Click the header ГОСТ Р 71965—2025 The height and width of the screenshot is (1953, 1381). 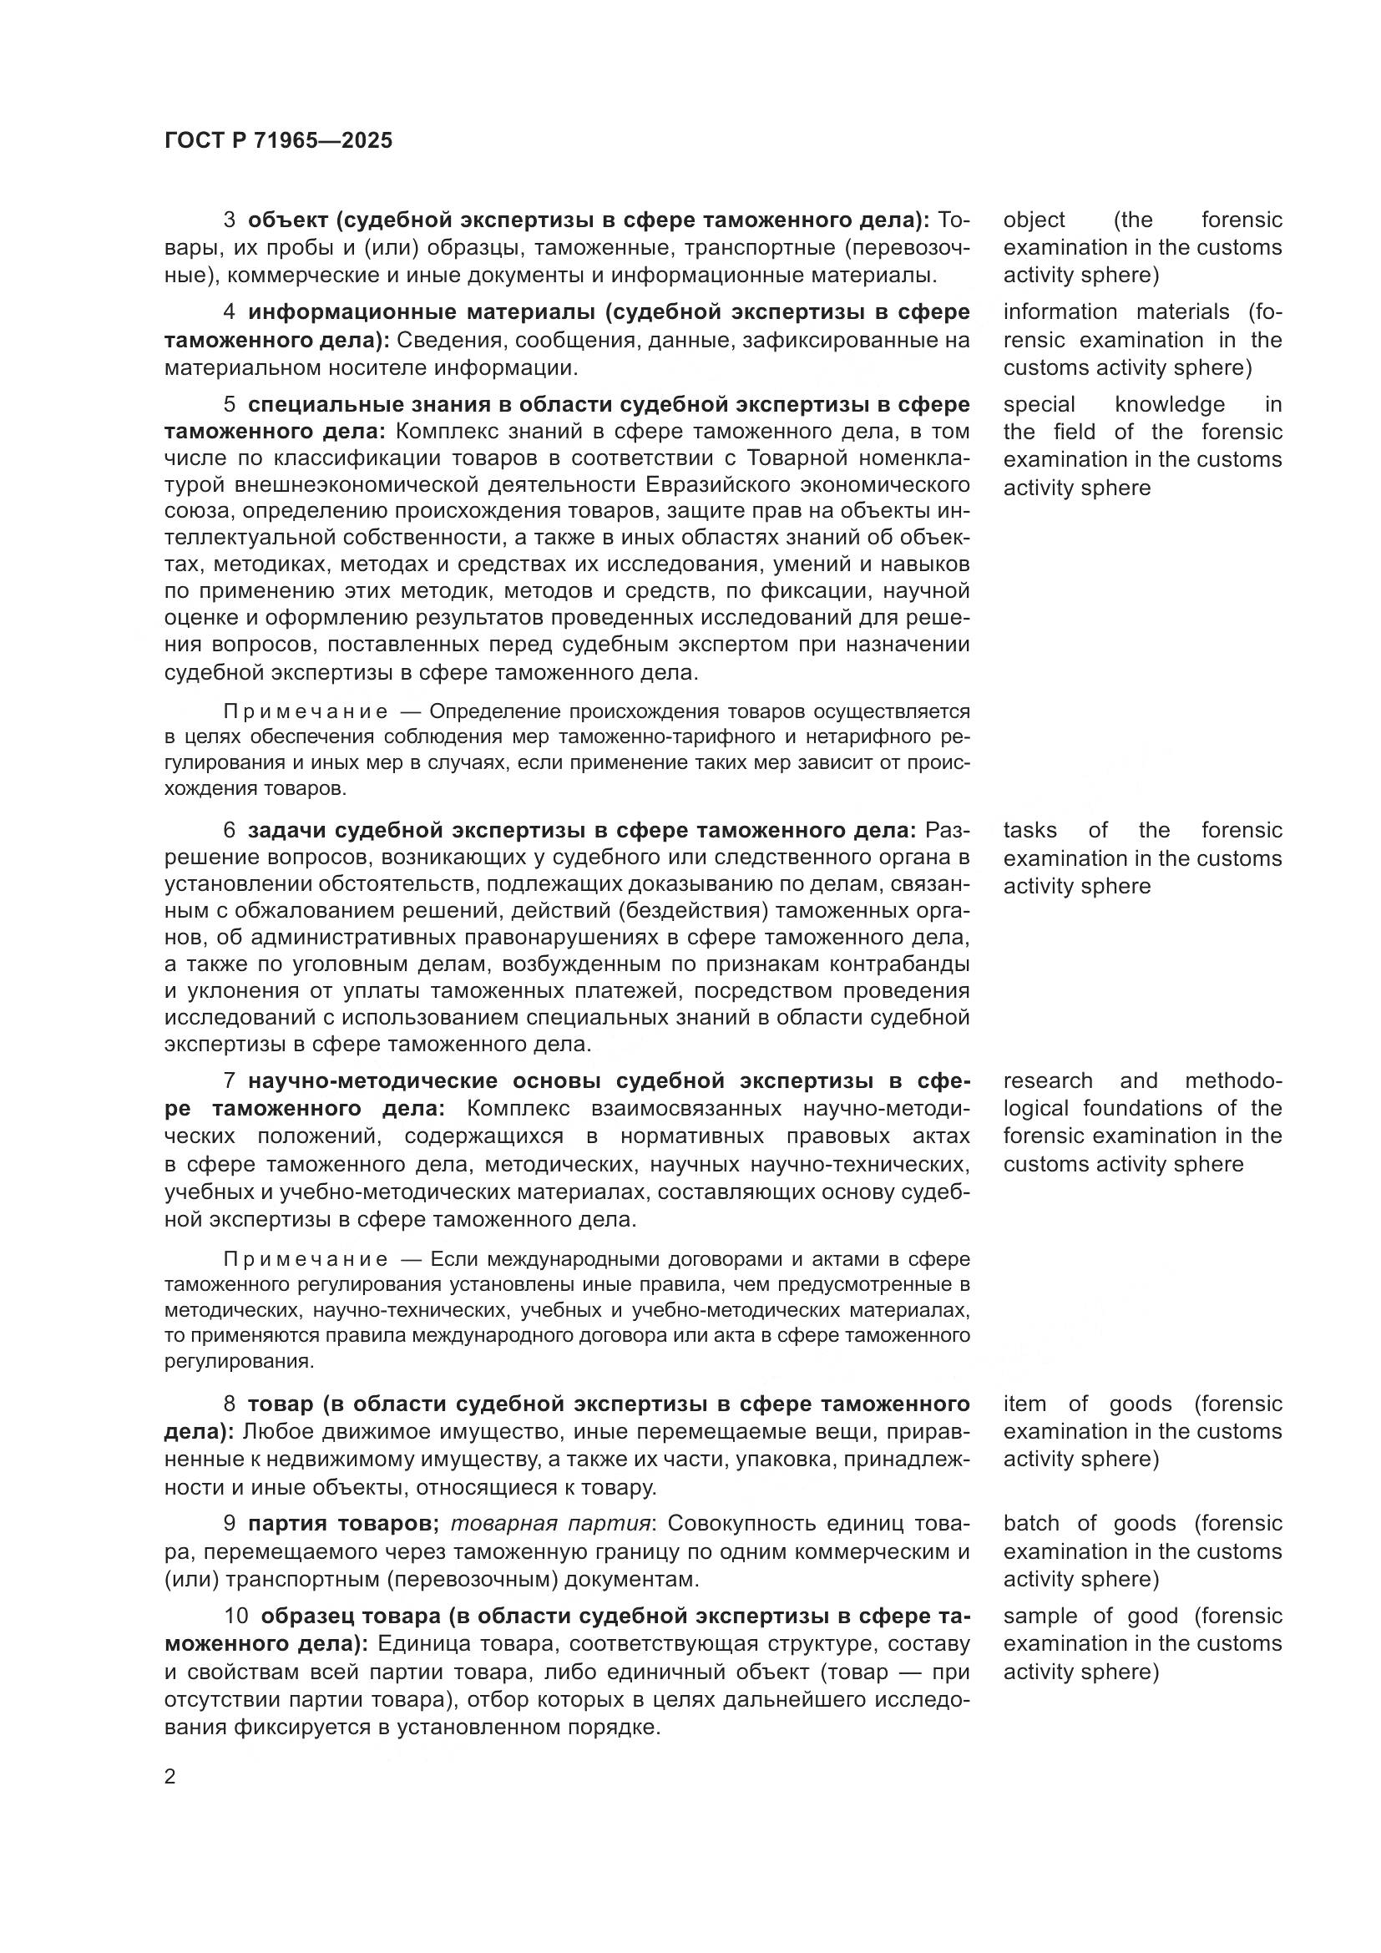tap(278, 140)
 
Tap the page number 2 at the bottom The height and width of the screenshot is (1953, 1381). tap(170, 1776)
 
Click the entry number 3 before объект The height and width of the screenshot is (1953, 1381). tap(230, 220)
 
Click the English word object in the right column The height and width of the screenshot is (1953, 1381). tap(1033, 220)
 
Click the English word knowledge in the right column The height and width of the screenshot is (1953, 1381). tap(1169, 404)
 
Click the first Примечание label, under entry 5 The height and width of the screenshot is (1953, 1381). tap(306, 711)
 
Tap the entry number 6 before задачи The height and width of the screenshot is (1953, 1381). tap(230, 830)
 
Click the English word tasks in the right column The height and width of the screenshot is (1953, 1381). tap(1029, 830)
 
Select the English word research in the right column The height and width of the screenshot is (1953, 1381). tap(1048, 1081)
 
